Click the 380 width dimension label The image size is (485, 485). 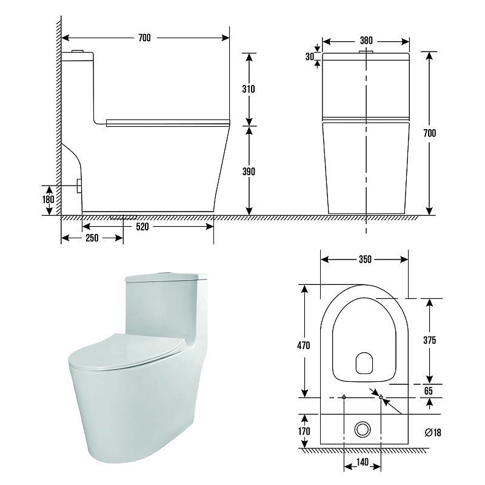pyautogui.click(x=366, y=41)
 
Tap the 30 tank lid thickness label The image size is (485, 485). pyautogui.click(x=310, y=56)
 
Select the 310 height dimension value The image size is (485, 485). pyautogui.click(x=249, y=89)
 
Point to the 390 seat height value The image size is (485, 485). pyautogui.click(x=249, y=172)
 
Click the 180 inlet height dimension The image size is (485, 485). pyautogui.click(x=48, y=199)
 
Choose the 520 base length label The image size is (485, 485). pyautogui.click(x=142, y=227)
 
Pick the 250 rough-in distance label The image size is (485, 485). pyautogui.click(x=92, y=238)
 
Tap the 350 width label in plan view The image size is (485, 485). pyautogui.click(x=365, y=259)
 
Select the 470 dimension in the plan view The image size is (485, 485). pyautogui.click(x=304, y=345)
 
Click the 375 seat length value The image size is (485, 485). pyautogui.click(x=430, y=340)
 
